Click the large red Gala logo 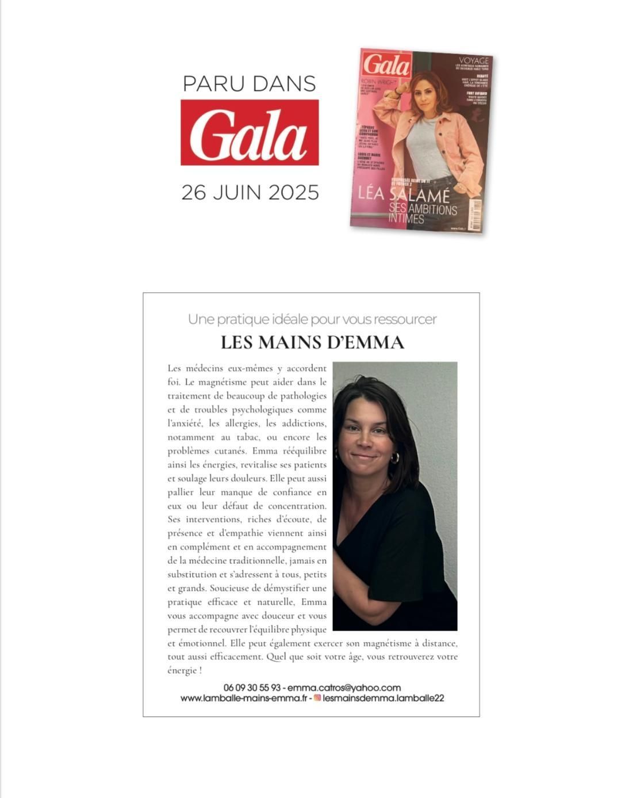(x=250, y=132)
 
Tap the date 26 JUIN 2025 (x=250, y=192)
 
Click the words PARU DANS (x=249, y=83)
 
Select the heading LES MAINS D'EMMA (x=312, y=342)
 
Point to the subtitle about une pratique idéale (x=312, y=319)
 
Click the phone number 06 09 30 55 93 (x=252, y=688)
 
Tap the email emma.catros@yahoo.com (x=344, y=688)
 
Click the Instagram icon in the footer (x=317, y=698)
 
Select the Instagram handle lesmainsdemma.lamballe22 (x=384, y=698)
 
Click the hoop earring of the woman (x=394, y=458)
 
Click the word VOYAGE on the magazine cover (x=473, y=60)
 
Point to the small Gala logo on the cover (x=386, y=64)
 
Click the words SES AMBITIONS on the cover (x=423, y=209)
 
